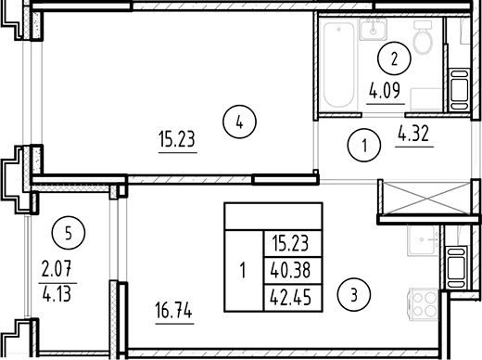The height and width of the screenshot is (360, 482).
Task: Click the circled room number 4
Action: pos(239,120)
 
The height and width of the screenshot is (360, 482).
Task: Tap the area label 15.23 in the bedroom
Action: pos(177,141)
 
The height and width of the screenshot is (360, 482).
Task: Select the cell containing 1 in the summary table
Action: pos(243,271)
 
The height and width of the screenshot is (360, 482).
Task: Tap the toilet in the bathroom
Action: pos(423,40)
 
